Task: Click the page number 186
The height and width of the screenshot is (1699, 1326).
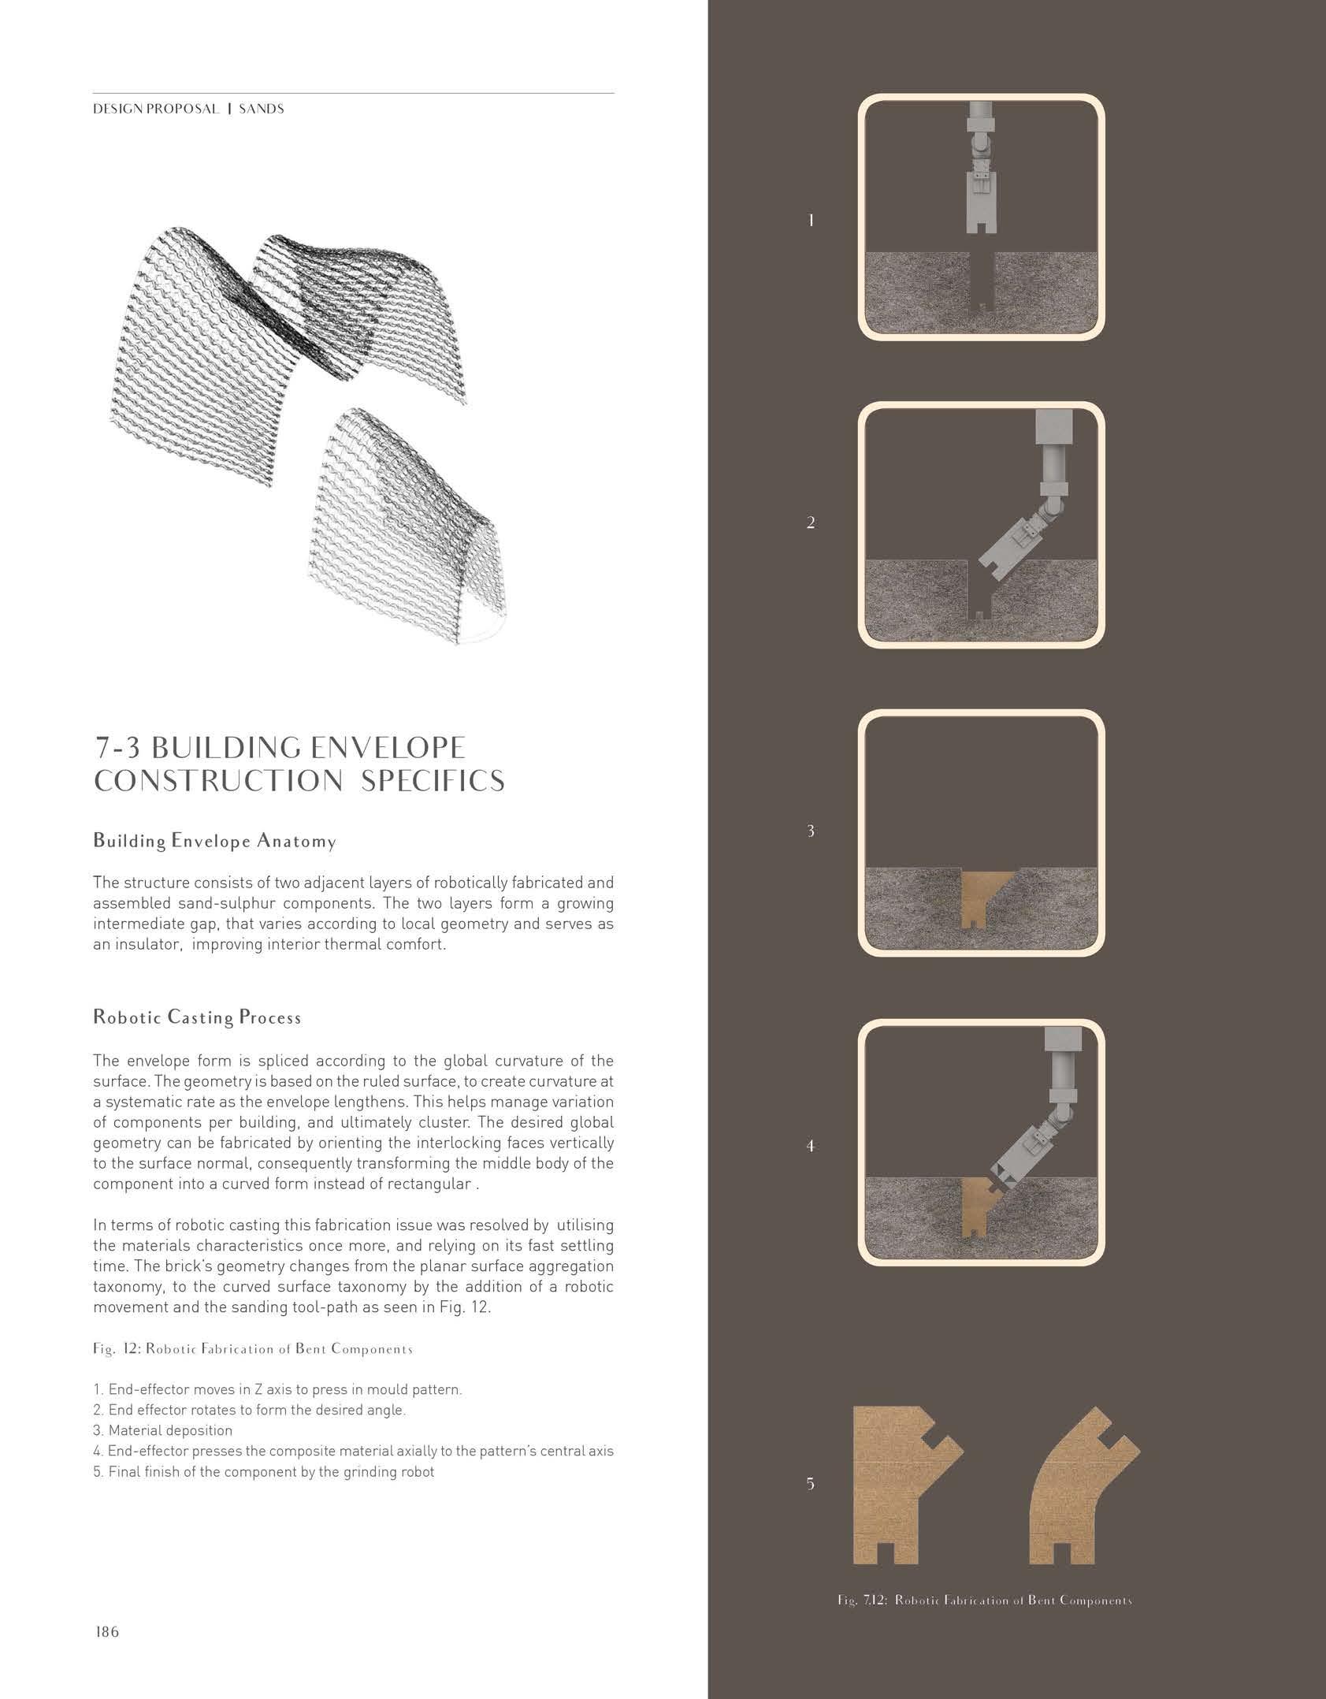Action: [x=106, y=1631]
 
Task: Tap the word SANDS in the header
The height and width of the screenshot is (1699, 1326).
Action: [x=262, y=110]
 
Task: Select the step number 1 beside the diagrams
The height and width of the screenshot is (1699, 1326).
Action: [x=811, y=221]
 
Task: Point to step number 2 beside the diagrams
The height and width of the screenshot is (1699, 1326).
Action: [x=811, y=522]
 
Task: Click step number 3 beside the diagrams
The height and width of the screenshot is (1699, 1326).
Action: [x=811, y=831]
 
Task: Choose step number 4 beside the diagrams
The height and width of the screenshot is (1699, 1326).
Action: [x=811, y=1146]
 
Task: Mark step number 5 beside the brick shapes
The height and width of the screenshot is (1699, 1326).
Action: [x=811, y=1484]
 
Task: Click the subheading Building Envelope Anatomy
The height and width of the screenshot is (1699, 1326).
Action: [x=214, y=841]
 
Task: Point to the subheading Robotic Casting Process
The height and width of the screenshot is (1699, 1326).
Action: [x=197, y=1017]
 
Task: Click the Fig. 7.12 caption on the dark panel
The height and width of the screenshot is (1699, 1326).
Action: [x=984, y=1600]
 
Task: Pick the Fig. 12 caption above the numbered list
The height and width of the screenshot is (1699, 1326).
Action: [x=252, y=1348]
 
